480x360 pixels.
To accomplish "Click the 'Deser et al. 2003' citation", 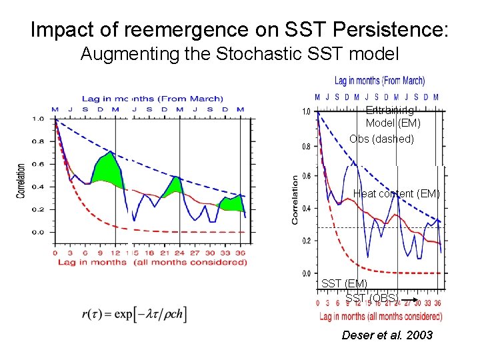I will point(387,335).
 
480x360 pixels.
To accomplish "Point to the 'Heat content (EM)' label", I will point(396,194).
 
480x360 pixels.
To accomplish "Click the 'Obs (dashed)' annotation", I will point(381,139).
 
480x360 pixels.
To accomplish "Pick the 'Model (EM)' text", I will point(393,123).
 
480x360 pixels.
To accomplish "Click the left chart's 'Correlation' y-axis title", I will point(21,181).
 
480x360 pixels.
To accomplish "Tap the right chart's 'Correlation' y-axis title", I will point(294,199).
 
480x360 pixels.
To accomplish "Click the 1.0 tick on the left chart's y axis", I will point(39,119).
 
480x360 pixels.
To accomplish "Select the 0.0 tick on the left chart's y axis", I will point(39,232).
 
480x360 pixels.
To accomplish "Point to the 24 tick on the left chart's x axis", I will point(179,253).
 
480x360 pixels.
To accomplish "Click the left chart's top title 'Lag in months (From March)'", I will point(152,99).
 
